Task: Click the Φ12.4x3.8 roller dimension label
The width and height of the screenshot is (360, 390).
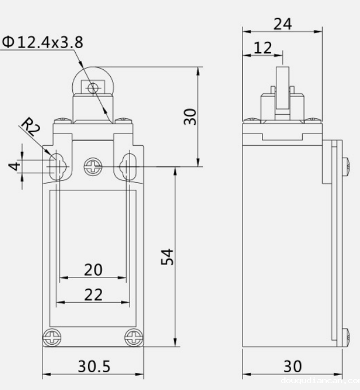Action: pyautogui.click(x=43, y=42)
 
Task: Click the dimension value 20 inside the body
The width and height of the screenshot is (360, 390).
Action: pyautogui.click(x=93, y=269)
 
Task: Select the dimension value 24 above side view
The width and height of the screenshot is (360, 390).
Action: pyautogui.click(x=282, y=24)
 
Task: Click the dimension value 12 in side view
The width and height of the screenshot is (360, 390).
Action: pyautogui.click(x=263, y=48)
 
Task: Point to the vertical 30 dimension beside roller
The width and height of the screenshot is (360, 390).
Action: pyautogui.click(x=191, y=116)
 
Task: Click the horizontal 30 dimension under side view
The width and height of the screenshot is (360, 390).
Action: pyautogui.click(x=292, y=366)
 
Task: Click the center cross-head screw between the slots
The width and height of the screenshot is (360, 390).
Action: pyautogui.click(x=92, y=167)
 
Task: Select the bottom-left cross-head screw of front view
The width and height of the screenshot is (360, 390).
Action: pyautogui.click(x=52, y=338)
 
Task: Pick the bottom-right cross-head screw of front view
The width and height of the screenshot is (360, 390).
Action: pyautogui.click(x=134, y=338)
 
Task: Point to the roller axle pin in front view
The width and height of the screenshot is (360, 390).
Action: pyautogui.click(x=91, y=87)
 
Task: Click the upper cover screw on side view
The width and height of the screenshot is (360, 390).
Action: pyautogui.click(x=346, y=166)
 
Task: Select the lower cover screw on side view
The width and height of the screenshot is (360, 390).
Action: pyautogui.click(x=346, y=337)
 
